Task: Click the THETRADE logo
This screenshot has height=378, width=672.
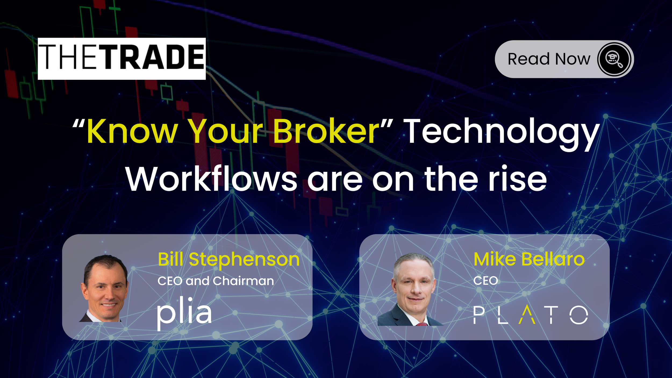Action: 121,59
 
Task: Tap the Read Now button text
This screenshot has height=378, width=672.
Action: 549,59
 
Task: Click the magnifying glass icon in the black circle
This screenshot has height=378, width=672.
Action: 614,59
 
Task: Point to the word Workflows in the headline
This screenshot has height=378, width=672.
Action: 211,179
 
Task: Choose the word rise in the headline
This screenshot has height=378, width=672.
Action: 517,179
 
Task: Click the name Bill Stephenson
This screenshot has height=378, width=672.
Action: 229,259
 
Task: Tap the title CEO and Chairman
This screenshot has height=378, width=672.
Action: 216,281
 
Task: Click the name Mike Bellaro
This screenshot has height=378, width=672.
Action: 529,259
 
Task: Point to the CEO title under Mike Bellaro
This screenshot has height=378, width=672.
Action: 485,281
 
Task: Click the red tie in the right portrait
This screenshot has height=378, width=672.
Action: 422,324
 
